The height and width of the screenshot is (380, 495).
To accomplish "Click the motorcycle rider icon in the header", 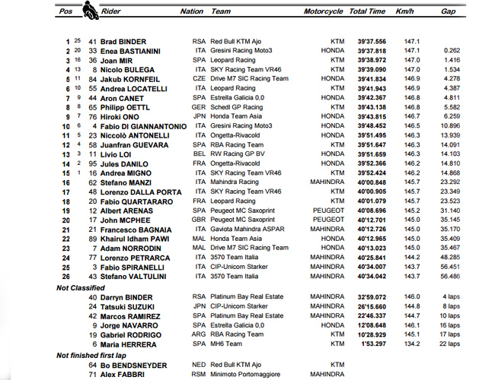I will [90, 11].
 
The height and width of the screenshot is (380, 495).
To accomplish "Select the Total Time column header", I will [368, 12].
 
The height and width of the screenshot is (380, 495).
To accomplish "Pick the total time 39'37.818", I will [370, 51].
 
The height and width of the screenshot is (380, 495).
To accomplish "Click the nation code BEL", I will [200, 154].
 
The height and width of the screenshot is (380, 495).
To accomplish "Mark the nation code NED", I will [200, 365].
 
